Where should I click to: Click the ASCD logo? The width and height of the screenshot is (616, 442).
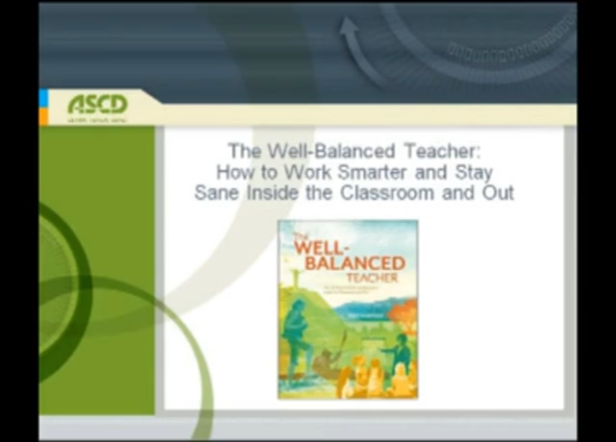[97, 104]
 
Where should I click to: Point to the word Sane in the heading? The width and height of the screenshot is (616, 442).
[214, 192]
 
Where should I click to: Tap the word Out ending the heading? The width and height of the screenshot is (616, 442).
[500, 192]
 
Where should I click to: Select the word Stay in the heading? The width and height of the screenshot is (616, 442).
[472, 172]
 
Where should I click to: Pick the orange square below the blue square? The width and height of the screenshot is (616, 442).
[43, 115]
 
